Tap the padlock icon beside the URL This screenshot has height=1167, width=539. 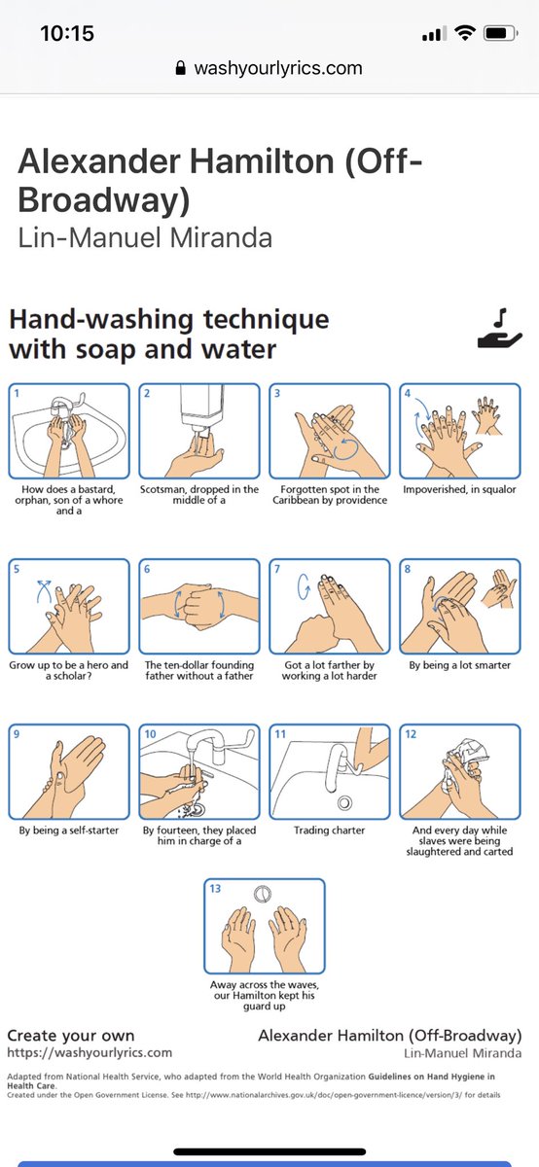180,68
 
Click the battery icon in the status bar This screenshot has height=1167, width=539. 500,34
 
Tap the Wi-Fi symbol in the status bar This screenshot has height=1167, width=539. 464,33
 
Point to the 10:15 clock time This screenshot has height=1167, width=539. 67,33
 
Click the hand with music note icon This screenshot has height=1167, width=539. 499,329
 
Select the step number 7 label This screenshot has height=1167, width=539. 277,569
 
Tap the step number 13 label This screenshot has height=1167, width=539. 215,888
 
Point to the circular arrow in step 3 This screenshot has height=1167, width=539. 345,449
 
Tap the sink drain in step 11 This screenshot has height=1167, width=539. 344,803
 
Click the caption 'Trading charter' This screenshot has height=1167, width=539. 330,831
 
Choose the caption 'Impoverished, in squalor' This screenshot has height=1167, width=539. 460,490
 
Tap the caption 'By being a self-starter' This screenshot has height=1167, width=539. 69,831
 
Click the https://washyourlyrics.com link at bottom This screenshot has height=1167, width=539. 90,1052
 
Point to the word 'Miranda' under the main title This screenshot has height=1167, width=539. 221,237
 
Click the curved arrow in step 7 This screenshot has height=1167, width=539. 303,586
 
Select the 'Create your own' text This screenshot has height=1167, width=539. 71,1035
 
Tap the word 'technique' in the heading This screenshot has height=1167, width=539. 266,319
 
